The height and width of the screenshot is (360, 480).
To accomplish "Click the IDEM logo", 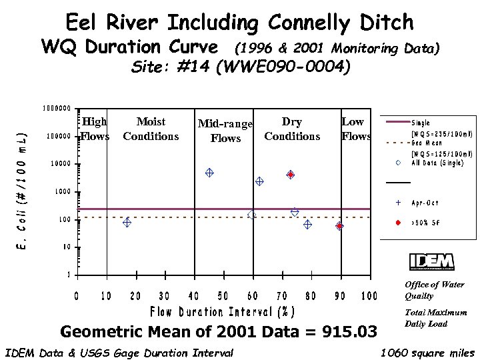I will pyautogui.click(x=431, y=262).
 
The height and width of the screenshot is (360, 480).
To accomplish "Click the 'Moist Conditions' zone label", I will pyautogui.click(x=151, y=129).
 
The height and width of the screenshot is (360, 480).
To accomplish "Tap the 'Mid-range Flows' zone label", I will pyautogui.click(x=225, y=131).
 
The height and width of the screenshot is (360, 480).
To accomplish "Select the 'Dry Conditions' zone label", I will pyautogui.click(x=292, y=129).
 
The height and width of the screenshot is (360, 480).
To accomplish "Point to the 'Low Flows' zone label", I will pyautogui.click(x=355, y=129).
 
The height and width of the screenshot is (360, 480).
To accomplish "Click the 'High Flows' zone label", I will pyautogui.click(x=95, y=129).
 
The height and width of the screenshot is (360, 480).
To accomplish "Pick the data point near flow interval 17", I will pyautogui.click(x=127, y=223).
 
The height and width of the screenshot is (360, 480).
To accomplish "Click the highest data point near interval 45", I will pyautogui.click(x=209, y=173).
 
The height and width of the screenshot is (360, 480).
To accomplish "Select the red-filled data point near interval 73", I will pyautogui.click(x=291, y=175).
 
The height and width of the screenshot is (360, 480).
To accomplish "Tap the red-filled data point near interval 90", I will pyautogui.click(x=339, y=226).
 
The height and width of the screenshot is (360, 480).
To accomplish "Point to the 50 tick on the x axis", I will pyautogui.click(x=223, y=296).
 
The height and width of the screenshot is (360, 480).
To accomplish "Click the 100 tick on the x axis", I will pyautogui.click(x=369, y=296).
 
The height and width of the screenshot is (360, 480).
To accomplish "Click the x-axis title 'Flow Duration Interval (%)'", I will pyautogui.click(x=223, y=312).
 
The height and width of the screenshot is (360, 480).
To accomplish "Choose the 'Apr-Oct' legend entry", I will pyautogui.click(x=425, y=202).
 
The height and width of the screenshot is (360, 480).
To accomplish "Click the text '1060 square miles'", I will pyautogui.click(x=427, y=353).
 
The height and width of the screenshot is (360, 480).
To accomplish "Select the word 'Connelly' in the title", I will pyautogui.click(x=309, y=23).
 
